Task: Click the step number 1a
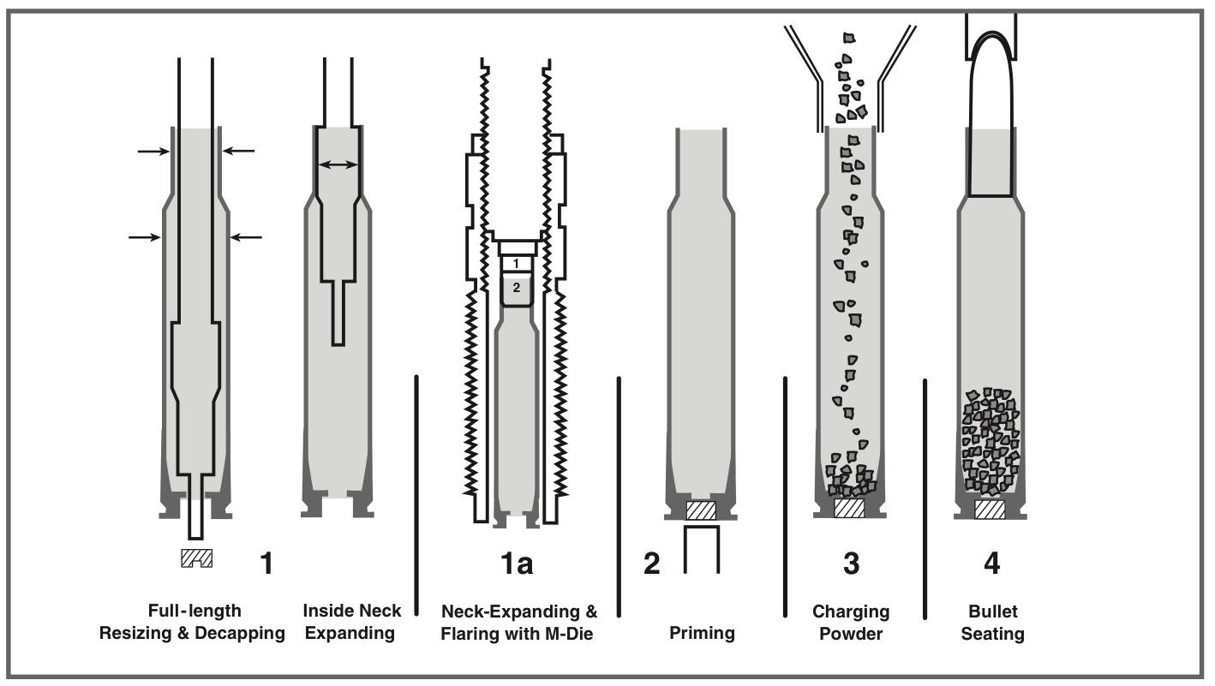[517, 564]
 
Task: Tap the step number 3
[851, 564]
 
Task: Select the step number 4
[991, 564]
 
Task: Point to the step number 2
[652, 564]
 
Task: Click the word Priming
[702, 634]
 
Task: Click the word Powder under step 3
[851, 635]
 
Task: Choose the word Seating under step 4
[992, 635]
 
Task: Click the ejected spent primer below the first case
[196, 558]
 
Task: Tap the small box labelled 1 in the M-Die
[517, 263]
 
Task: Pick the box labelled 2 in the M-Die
[517, 289]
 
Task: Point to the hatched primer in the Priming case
[702, 510]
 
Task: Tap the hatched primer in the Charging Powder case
[849, 508]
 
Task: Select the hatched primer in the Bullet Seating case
[990, 510]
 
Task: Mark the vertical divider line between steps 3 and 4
[925, 498]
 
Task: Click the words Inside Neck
[351, 611]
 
